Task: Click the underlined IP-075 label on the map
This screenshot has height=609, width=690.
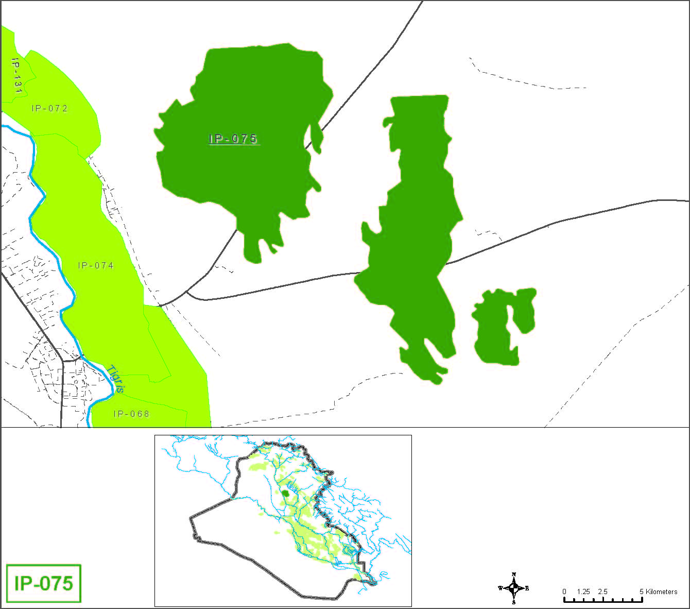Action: (233, 139)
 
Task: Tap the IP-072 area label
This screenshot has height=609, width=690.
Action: (49, 109)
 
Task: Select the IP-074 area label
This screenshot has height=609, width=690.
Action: (96, 266)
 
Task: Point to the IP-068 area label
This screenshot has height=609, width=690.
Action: (131, 414)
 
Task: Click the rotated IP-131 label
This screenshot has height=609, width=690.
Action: (16, 76)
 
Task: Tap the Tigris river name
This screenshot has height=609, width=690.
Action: (116, 379)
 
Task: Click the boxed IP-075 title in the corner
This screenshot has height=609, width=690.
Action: (44, 583)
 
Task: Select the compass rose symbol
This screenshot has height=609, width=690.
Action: (513, 588)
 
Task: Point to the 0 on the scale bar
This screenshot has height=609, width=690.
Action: (564, 591)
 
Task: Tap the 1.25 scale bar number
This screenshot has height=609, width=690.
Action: (583, 591)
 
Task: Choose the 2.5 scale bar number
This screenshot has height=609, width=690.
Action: (602, 591)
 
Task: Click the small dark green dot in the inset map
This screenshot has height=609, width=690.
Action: (285, 493)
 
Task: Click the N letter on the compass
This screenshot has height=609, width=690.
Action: (513, 574)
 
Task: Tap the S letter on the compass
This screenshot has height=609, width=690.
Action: (513, 602)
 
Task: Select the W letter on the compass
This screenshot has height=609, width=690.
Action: (500, 588)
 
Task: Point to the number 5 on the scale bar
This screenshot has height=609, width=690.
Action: (642, 591)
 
